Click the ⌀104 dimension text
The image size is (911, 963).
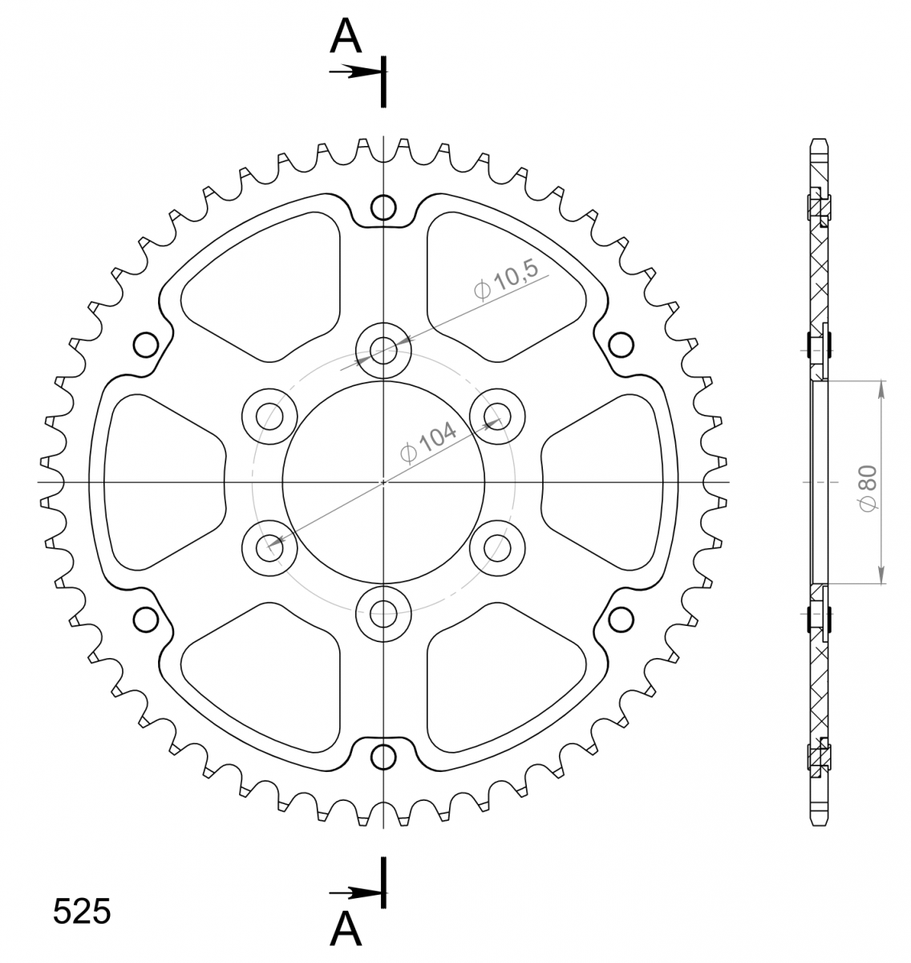(428, 441)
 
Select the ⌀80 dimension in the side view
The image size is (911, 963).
(868, 489)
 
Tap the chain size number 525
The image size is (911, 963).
(82, 912)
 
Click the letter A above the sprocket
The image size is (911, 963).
(346, 36)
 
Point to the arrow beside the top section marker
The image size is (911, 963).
(355, 71)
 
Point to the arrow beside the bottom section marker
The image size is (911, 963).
(355, 892)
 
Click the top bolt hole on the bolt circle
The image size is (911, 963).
(383, 350)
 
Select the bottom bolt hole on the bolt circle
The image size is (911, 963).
(383, 614)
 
